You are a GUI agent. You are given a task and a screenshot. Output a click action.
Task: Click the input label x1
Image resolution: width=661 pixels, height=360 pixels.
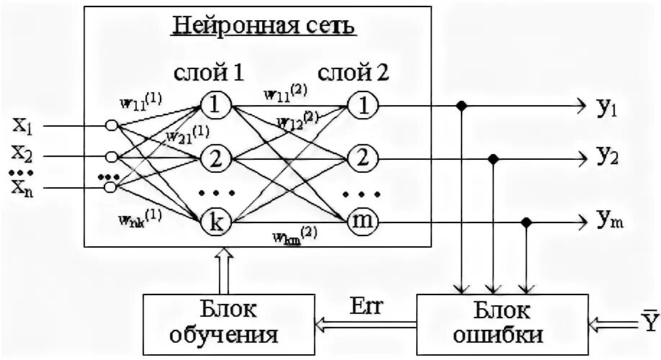(22, 125)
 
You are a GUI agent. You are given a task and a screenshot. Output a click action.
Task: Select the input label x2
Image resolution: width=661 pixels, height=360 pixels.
(22, 153)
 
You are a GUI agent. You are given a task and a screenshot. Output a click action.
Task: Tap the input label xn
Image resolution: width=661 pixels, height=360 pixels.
(22, 188)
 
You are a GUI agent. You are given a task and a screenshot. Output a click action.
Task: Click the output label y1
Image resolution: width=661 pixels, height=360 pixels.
(605, 108)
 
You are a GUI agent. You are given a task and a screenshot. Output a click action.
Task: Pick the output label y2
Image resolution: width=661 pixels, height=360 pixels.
(605, 156)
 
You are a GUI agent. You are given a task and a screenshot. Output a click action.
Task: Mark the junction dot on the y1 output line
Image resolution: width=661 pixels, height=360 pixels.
(460, 106)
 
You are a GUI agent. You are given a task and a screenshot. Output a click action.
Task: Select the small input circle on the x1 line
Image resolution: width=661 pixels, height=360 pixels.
(111, 125)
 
